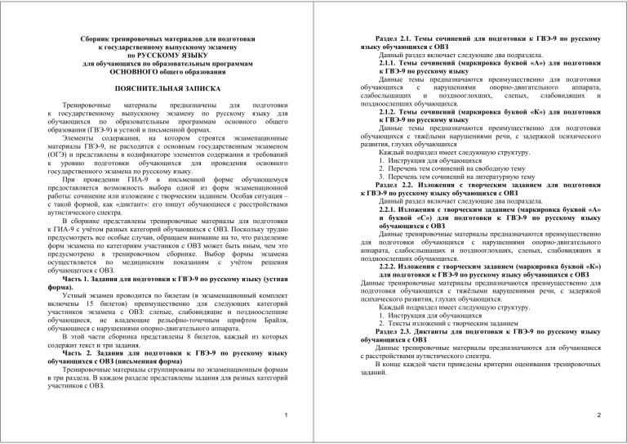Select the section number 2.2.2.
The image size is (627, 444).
pyautogui.click(x=396, y=267)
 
